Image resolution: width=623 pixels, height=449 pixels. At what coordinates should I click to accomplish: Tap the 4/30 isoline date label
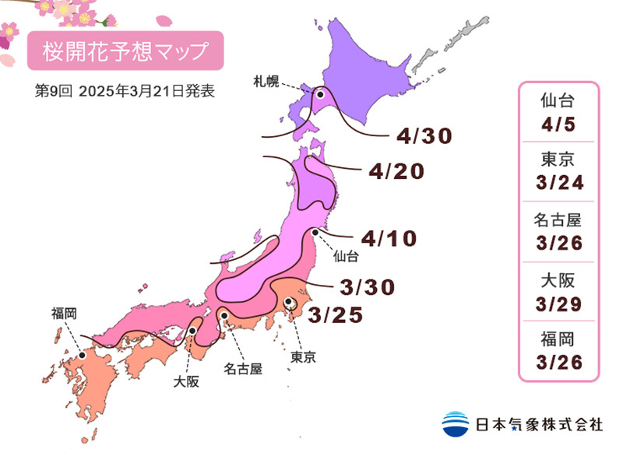(424, 137)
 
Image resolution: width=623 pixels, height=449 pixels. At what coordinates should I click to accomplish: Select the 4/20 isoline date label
(398, 171)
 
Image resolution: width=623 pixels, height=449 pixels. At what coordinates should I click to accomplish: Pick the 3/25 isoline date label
(336, 315)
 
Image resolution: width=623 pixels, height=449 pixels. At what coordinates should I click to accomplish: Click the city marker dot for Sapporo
(319, 94)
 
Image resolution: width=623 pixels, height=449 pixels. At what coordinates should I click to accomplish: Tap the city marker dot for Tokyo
(289, 303)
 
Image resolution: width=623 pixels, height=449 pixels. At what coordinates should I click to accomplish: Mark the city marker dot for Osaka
(192, 331)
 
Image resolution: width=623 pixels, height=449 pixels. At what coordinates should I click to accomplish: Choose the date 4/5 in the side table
(558, 124)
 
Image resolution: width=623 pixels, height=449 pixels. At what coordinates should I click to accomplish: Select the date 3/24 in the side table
(558, 184)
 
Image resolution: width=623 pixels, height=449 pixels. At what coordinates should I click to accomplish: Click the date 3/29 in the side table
(558, 303)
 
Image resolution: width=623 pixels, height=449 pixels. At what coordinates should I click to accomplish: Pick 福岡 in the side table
(558, 339)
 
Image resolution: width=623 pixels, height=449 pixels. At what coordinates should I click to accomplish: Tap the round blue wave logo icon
(454, 423)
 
